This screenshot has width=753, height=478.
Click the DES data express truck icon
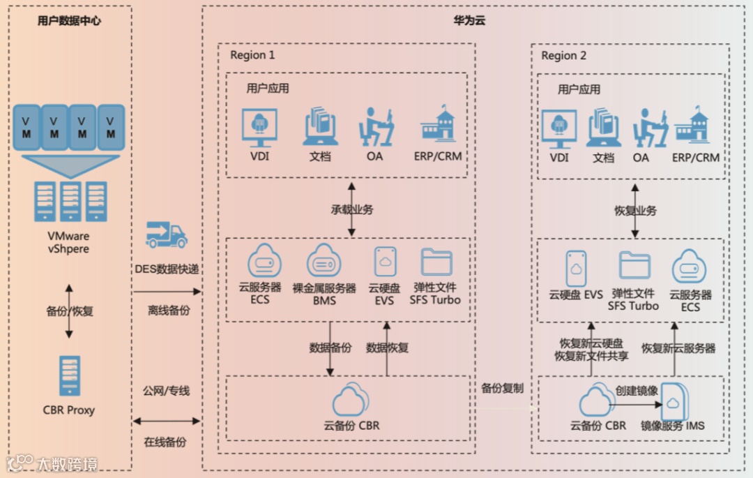[166, 235]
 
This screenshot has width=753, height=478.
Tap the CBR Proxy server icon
[69, 376]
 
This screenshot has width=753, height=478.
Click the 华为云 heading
[469, 20]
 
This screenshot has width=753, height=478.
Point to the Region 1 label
[252, 55]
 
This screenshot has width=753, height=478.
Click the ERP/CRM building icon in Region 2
[695, 127]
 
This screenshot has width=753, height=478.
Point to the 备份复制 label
[502, 388]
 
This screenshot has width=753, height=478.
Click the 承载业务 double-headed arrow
[351, 209]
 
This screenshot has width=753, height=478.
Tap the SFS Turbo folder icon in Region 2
[634, 265]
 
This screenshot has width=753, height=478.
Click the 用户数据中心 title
[69, 21]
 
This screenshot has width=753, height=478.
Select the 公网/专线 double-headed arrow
[166, 421]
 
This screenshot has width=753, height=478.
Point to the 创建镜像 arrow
[634, 403]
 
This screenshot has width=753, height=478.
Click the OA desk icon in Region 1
[374, 127]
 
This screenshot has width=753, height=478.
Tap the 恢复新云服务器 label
[678, 348]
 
